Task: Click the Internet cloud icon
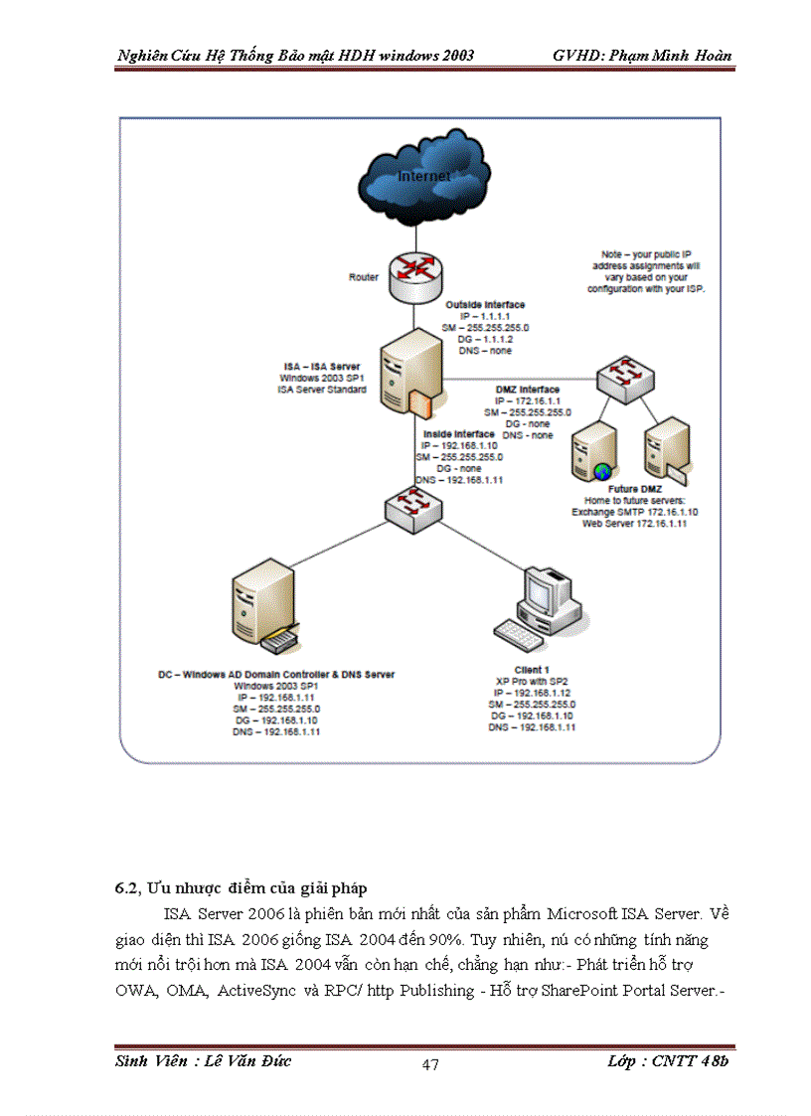click(x=424, y=177)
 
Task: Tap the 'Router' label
click(x=363, y=277)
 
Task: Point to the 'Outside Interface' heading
click(x=485, y=304)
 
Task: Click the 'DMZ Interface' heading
click(x=527, y=390)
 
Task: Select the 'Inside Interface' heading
click(x=458, y=434)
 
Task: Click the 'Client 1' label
click(x=532, y=670)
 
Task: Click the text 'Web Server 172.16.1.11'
click(x=634, y=523)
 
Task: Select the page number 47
click(x=430, y=1065)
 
